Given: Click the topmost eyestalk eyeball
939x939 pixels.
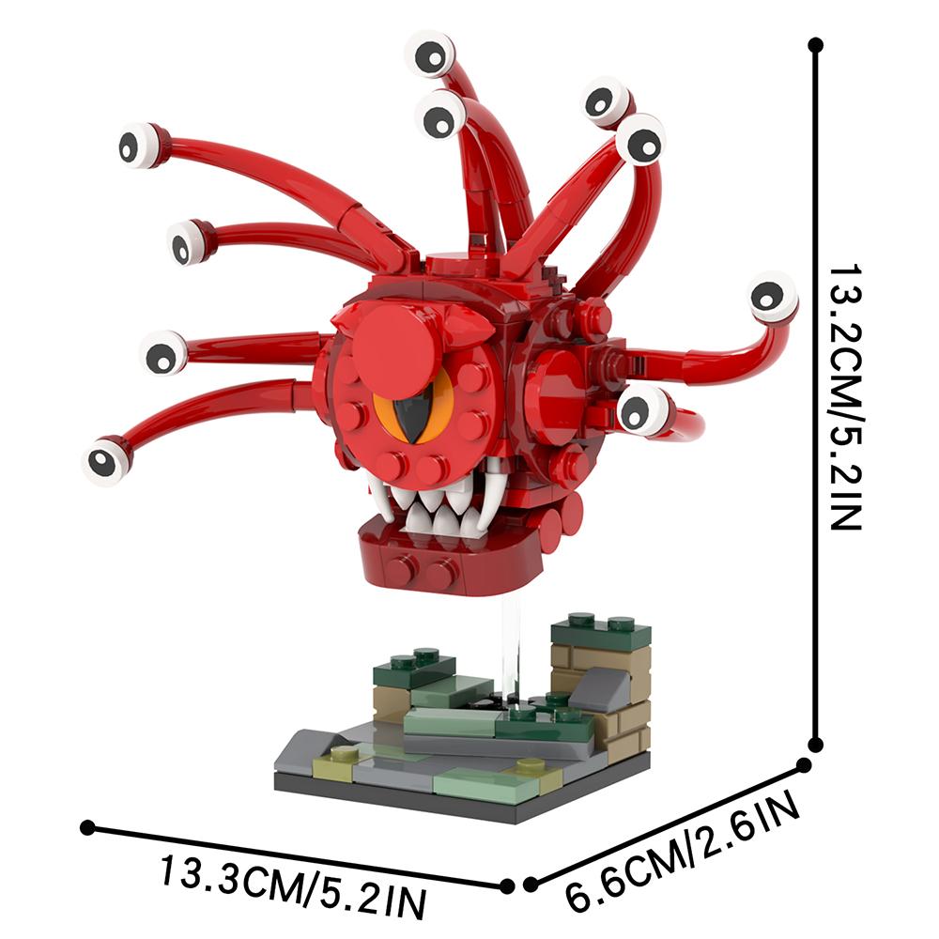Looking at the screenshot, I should tap(431, 55).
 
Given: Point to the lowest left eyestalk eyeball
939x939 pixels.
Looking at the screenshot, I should tap(106, 461).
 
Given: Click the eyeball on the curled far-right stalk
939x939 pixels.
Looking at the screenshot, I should tap(773, 297).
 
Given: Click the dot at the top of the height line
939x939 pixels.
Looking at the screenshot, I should tap(815, 43).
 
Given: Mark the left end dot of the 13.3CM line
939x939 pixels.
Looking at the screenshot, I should tap(88, 827).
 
